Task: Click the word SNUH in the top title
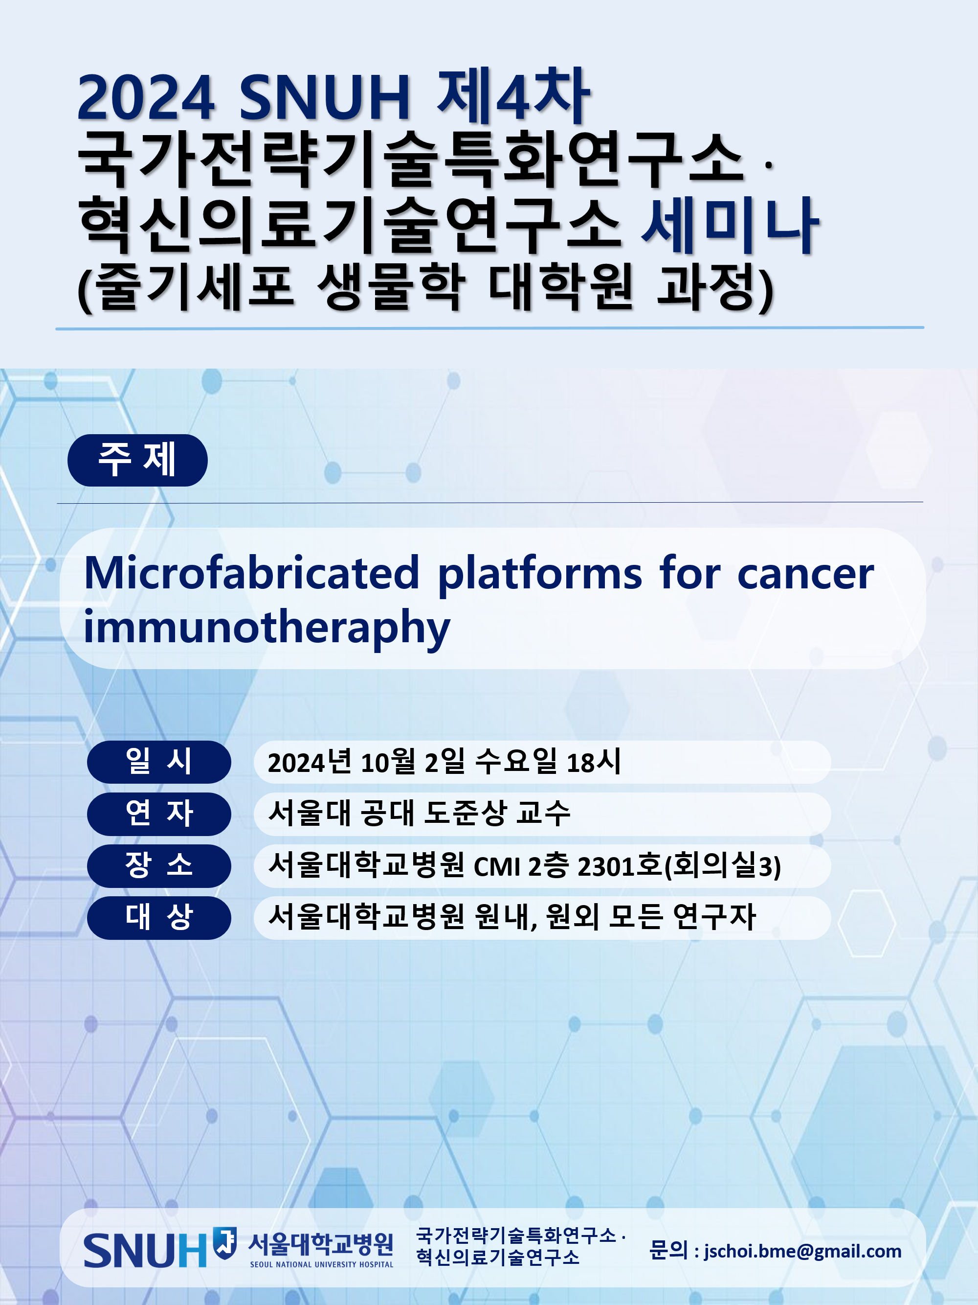tap(325, 97)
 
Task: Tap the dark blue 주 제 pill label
tap(137, 460)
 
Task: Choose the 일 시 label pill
tap(159, 762)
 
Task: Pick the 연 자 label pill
tap(159, 814)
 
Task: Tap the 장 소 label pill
tap(159, 865)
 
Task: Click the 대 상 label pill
tap(159, 917)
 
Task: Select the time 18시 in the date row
tap(594, 762)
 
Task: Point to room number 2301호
tap(620, 866)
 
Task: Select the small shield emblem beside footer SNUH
tap(224, 1243)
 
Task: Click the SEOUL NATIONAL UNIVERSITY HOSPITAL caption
tap(321, 1264)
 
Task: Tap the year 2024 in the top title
tap(146, 97)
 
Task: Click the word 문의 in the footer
tap(668, 1250)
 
